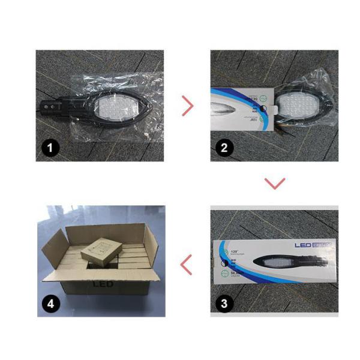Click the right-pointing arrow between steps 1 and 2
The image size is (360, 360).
pos(188,106)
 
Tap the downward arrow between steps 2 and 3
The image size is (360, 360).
pos(274,183)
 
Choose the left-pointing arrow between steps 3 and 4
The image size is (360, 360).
pos(187,264)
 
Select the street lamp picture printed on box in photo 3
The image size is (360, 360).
pos(288,263)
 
